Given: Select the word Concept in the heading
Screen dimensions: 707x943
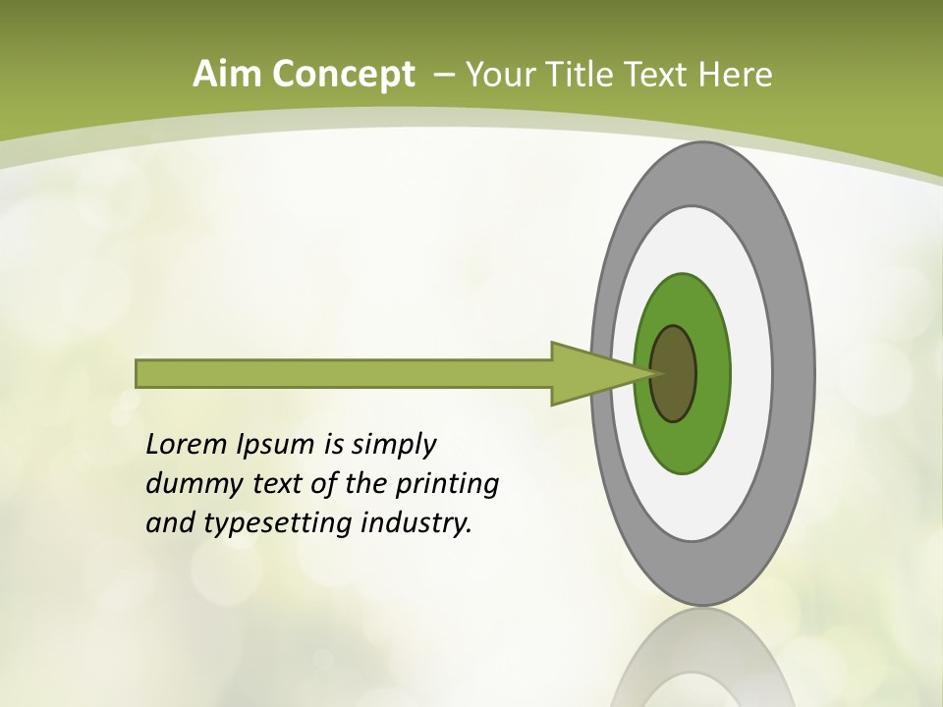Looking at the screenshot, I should pos(343,75).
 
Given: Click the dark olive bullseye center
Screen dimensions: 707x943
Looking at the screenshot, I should pos(675,374).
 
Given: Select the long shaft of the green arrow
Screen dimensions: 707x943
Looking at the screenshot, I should pos(344,374).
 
